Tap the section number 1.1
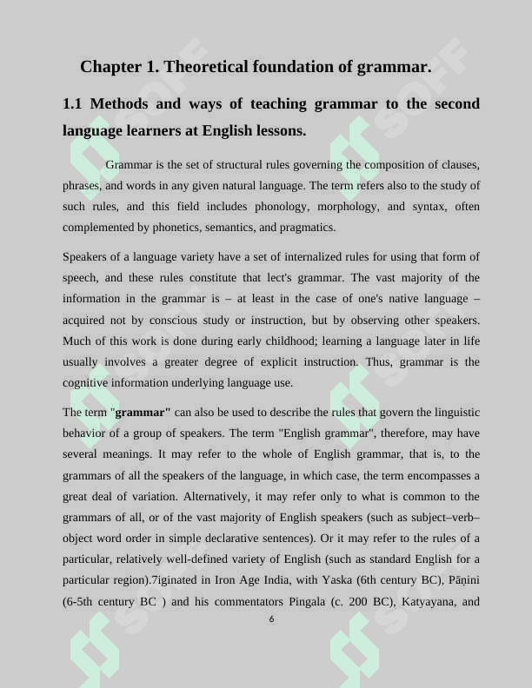[x=72, y=104]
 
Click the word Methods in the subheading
[x=118, y=104]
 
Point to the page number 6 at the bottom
[x=271, y=619]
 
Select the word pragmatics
[x=304, y=228]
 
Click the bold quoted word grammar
[x=142, y=412]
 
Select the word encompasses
[x=432, y=476]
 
